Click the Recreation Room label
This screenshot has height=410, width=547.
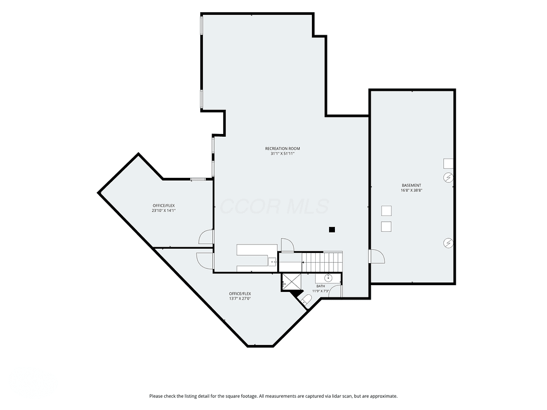pos(282,148)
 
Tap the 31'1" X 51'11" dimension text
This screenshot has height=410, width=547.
pos(282,153)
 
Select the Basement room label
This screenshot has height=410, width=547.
pos(411,185)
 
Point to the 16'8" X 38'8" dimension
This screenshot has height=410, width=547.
pos(411,191)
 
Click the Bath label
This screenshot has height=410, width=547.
pos(321,286)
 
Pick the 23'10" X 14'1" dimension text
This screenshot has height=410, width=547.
pos(163,210)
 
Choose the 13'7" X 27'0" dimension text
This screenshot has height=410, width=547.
pos(240,298)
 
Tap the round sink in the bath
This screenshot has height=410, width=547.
pos(328,278)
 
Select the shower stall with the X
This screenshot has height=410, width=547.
pos(292,282)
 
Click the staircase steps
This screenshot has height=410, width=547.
pos(322,262)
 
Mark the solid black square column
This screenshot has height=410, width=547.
pos(332,230)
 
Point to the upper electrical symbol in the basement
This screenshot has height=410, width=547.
pos(448,178)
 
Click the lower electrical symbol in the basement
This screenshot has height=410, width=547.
pos(448,243)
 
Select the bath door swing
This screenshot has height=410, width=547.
pos(335,291)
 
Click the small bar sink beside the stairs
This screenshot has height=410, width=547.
pos(272,261)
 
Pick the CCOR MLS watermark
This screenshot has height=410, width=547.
pos(274,206)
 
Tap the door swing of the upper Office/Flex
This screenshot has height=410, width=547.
pos(206,237)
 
